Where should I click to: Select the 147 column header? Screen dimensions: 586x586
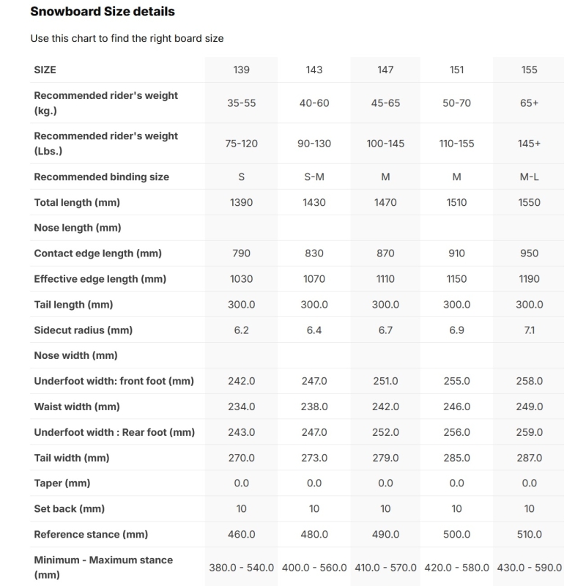(385, 70)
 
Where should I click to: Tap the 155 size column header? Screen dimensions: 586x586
(529, 70)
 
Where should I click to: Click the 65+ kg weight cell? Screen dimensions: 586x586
(529, 103)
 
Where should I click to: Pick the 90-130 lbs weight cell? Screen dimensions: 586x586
(314, 144)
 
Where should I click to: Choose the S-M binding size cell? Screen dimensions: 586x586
(314, 177)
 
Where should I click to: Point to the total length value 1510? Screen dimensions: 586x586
(456, 202)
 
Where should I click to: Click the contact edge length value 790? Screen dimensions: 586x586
(241, 253)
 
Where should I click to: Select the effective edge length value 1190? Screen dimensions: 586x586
(529, 279)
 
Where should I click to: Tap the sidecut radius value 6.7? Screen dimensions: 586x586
(385, 330)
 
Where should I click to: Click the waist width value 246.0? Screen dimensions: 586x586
(456, 407)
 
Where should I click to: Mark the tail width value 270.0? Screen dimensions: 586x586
(241, 458)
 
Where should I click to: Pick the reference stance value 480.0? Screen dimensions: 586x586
(314, 535)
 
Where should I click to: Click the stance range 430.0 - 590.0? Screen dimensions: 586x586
(529, 568)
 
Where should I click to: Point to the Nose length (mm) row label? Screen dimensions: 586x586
(78, 228)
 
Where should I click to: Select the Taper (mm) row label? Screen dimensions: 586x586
(62, 483)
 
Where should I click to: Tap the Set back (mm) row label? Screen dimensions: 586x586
(70, 509)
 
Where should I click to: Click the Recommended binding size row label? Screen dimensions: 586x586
(102, 177)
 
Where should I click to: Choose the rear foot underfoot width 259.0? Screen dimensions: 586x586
(529, 432)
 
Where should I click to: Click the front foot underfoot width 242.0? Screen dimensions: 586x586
(241, 381)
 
